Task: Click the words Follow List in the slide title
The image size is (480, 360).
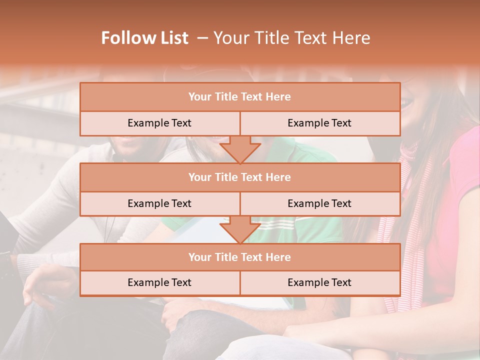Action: (145, 38)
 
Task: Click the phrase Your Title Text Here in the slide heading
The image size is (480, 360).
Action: (292, 38)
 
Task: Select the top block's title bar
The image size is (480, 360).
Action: (240, 97)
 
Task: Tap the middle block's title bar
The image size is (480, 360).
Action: (240, 177)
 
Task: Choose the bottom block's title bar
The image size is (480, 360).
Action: (240, 257)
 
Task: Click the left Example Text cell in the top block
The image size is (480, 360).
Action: (159, 123)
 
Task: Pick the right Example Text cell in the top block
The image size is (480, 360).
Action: (319, 123)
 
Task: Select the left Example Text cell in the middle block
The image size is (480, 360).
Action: (159, 203)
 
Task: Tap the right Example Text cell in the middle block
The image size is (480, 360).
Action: (319, 203)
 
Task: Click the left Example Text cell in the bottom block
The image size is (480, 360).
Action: (159, 282)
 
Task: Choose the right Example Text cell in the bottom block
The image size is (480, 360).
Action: (319, 282)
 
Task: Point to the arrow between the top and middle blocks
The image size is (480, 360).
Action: (240, 149)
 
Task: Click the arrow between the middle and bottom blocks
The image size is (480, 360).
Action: (240, 229)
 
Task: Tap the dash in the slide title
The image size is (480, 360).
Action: (203, 38)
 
